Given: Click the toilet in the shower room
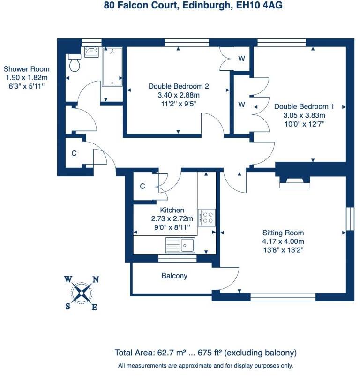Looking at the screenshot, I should [74, 62].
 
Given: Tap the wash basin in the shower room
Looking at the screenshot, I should [91, 52].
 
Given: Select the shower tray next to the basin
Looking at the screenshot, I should [112, 67].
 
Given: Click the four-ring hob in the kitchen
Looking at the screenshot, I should [207, 218].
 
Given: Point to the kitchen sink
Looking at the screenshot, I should [180, 245].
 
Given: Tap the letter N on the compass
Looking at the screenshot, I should [96, 279].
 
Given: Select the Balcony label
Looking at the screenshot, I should [174, 276].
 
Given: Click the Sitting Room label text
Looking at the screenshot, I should [283, 233].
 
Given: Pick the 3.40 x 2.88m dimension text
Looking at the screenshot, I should [178, 95].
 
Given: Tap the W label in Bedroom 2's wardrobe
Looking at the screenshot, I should [241, 59].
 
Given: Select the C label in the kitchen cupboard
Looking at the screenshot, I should [142, 186].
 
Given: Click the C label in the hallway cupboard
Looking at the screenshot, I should [74, 152].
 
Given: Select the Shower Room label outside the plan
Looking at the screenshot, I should [27, 69].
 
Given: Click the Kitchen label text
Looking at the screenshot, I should [172, 210].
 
